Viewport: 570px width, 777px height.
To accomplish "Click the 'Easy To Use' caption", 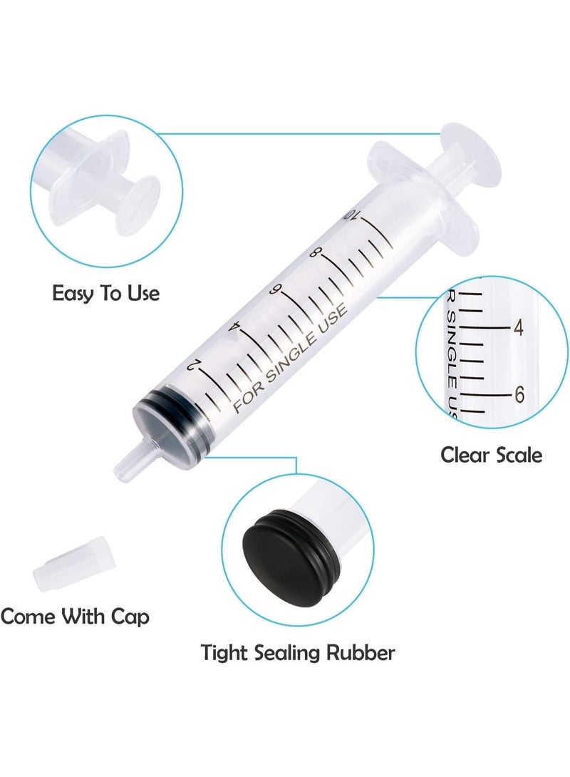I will (106, 293).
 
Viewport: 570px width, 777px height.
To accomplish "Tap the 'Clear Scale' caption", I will (491, 454).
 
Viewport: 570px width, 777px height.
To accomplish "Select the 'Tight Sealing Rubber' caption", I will (298, 652).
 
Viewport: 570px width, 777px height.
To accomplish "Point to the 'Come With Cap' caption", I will (75, 617).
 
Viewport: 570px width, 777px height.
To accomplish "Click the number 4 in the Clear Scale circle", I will (519, 329).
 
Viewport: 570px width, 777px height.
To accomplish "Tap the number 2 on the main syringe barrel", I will (191, 365).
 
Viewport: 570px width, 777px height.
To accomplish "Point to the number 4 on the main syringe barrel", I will (234, 327).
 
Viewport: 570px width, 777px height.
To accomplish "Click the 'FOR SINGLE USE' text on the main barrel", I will (289, 357).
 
